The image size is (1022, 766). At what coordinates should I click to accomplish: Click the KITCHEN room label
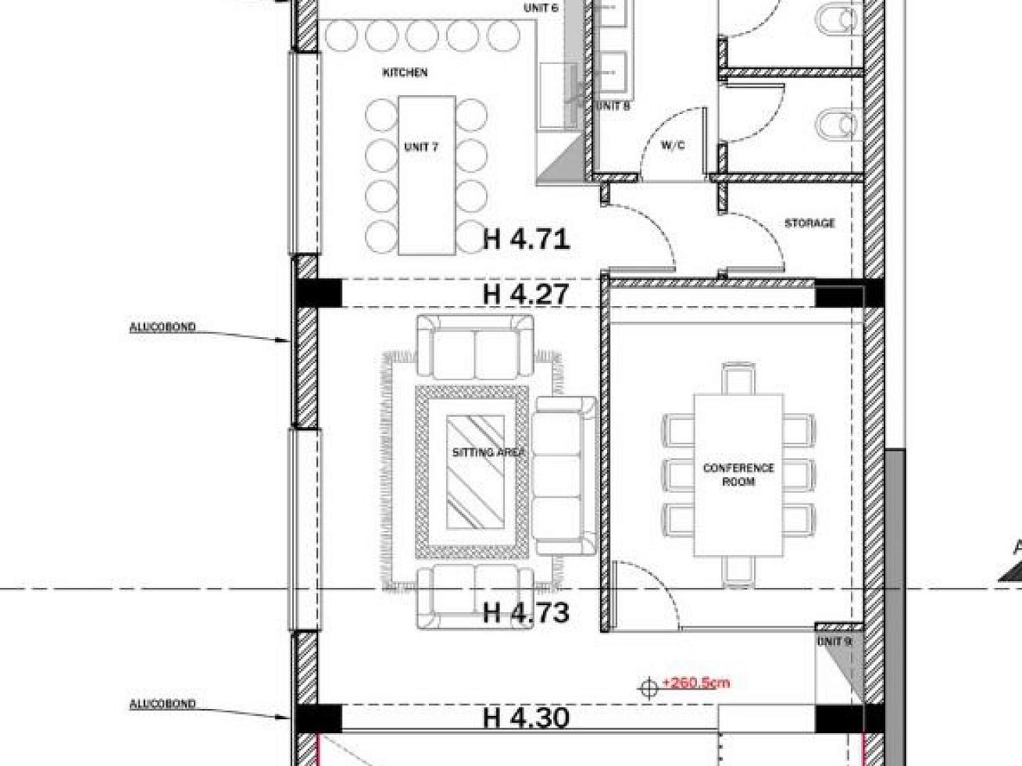click(x=405, y=73)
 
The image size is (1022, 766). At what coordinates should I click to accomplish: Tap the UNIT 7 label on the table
click(x=421, y=147)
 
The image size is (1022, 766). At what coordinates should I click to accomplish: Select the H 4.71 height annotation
click(x=527, y=240)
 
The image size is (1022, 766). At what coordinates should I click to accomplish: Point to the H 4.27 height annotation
click(x=526, y=294)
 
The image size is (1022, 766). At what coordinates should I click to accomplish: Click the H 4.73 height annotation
click(x=526, y=612)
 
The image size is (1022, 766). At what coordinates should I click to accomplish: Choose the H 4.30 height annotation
click(x=526, y=718)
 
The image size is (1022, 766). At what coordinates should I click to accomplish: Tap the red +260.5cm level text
click(x=695, y=682)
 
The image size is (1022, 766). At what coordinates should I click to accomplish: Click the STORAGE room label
click(x=809, y=223)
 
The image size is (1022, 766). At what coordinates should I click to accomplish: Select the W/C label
click(x=673, y=145)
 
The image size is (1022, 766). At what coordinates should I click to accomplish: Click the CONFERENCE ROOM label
click(x=738, y=475)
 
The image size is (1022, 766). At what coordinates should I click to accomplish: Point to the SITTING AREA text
click(x=489, y=451)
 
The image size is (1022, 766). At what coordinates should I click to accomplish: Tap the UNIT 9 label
click(x=834, y=642)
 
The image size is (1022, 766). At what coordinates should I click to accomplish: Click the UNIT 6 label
click(x=541, y=8)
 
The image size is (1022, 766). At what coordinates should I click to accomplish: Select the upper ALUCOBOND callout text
click(x=163, y=327)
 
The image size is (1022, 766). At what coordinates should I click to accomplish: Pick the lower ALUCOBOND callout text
click(x=163, y=704)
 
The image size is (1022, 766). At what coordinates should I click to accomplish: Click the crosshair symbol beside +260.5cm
click(x=649, y=689)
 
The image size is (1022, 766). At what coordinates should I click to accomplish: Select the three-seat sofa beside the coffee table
click(x=564, y=476)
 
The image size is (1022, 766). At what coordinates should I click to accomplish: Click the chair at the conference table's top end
click(x=738, y=378)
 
